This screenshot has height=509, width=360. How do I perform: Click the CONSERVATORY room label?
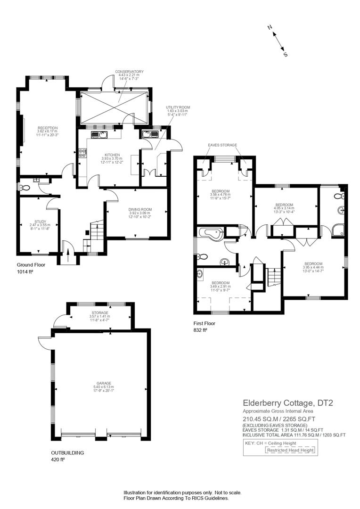[129, 72]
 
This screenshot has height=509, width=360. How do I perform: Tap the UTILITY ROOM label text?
[178, 107]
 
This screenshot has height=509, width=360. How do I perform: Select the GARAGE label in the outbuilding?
[104, 383]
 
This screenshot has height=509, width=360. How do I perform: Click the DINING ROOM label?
[140, 210]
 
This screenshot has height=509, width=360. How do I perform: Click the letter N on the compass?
[270, 28]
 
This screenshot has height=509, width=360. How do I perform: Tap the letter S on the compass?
[286, 55]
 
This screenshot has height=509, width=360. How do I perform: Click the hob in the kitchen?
[82, 153]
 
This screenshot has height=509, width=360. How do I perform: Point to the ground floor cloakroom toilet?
[24, 187]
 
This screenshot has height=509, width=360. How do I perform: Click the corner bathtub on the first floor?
[210, 233]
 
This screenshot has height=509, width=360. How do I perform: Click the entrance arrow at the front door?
[68, 256]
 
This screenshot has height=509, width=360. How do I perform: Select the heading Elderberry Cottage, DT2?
[288, 403]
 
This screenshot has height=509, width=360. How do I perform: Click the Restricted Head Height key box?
[290, 450]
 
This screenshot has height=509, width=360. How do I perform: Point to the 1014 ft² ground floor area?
[25, 272]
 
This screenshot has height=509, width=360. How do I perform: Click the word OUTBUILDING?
[67, 453]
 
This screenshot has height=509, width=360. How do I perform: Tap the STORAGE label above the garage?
[99, 313]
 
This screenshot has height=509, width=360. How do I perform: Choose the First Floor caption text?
[205, 323]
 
